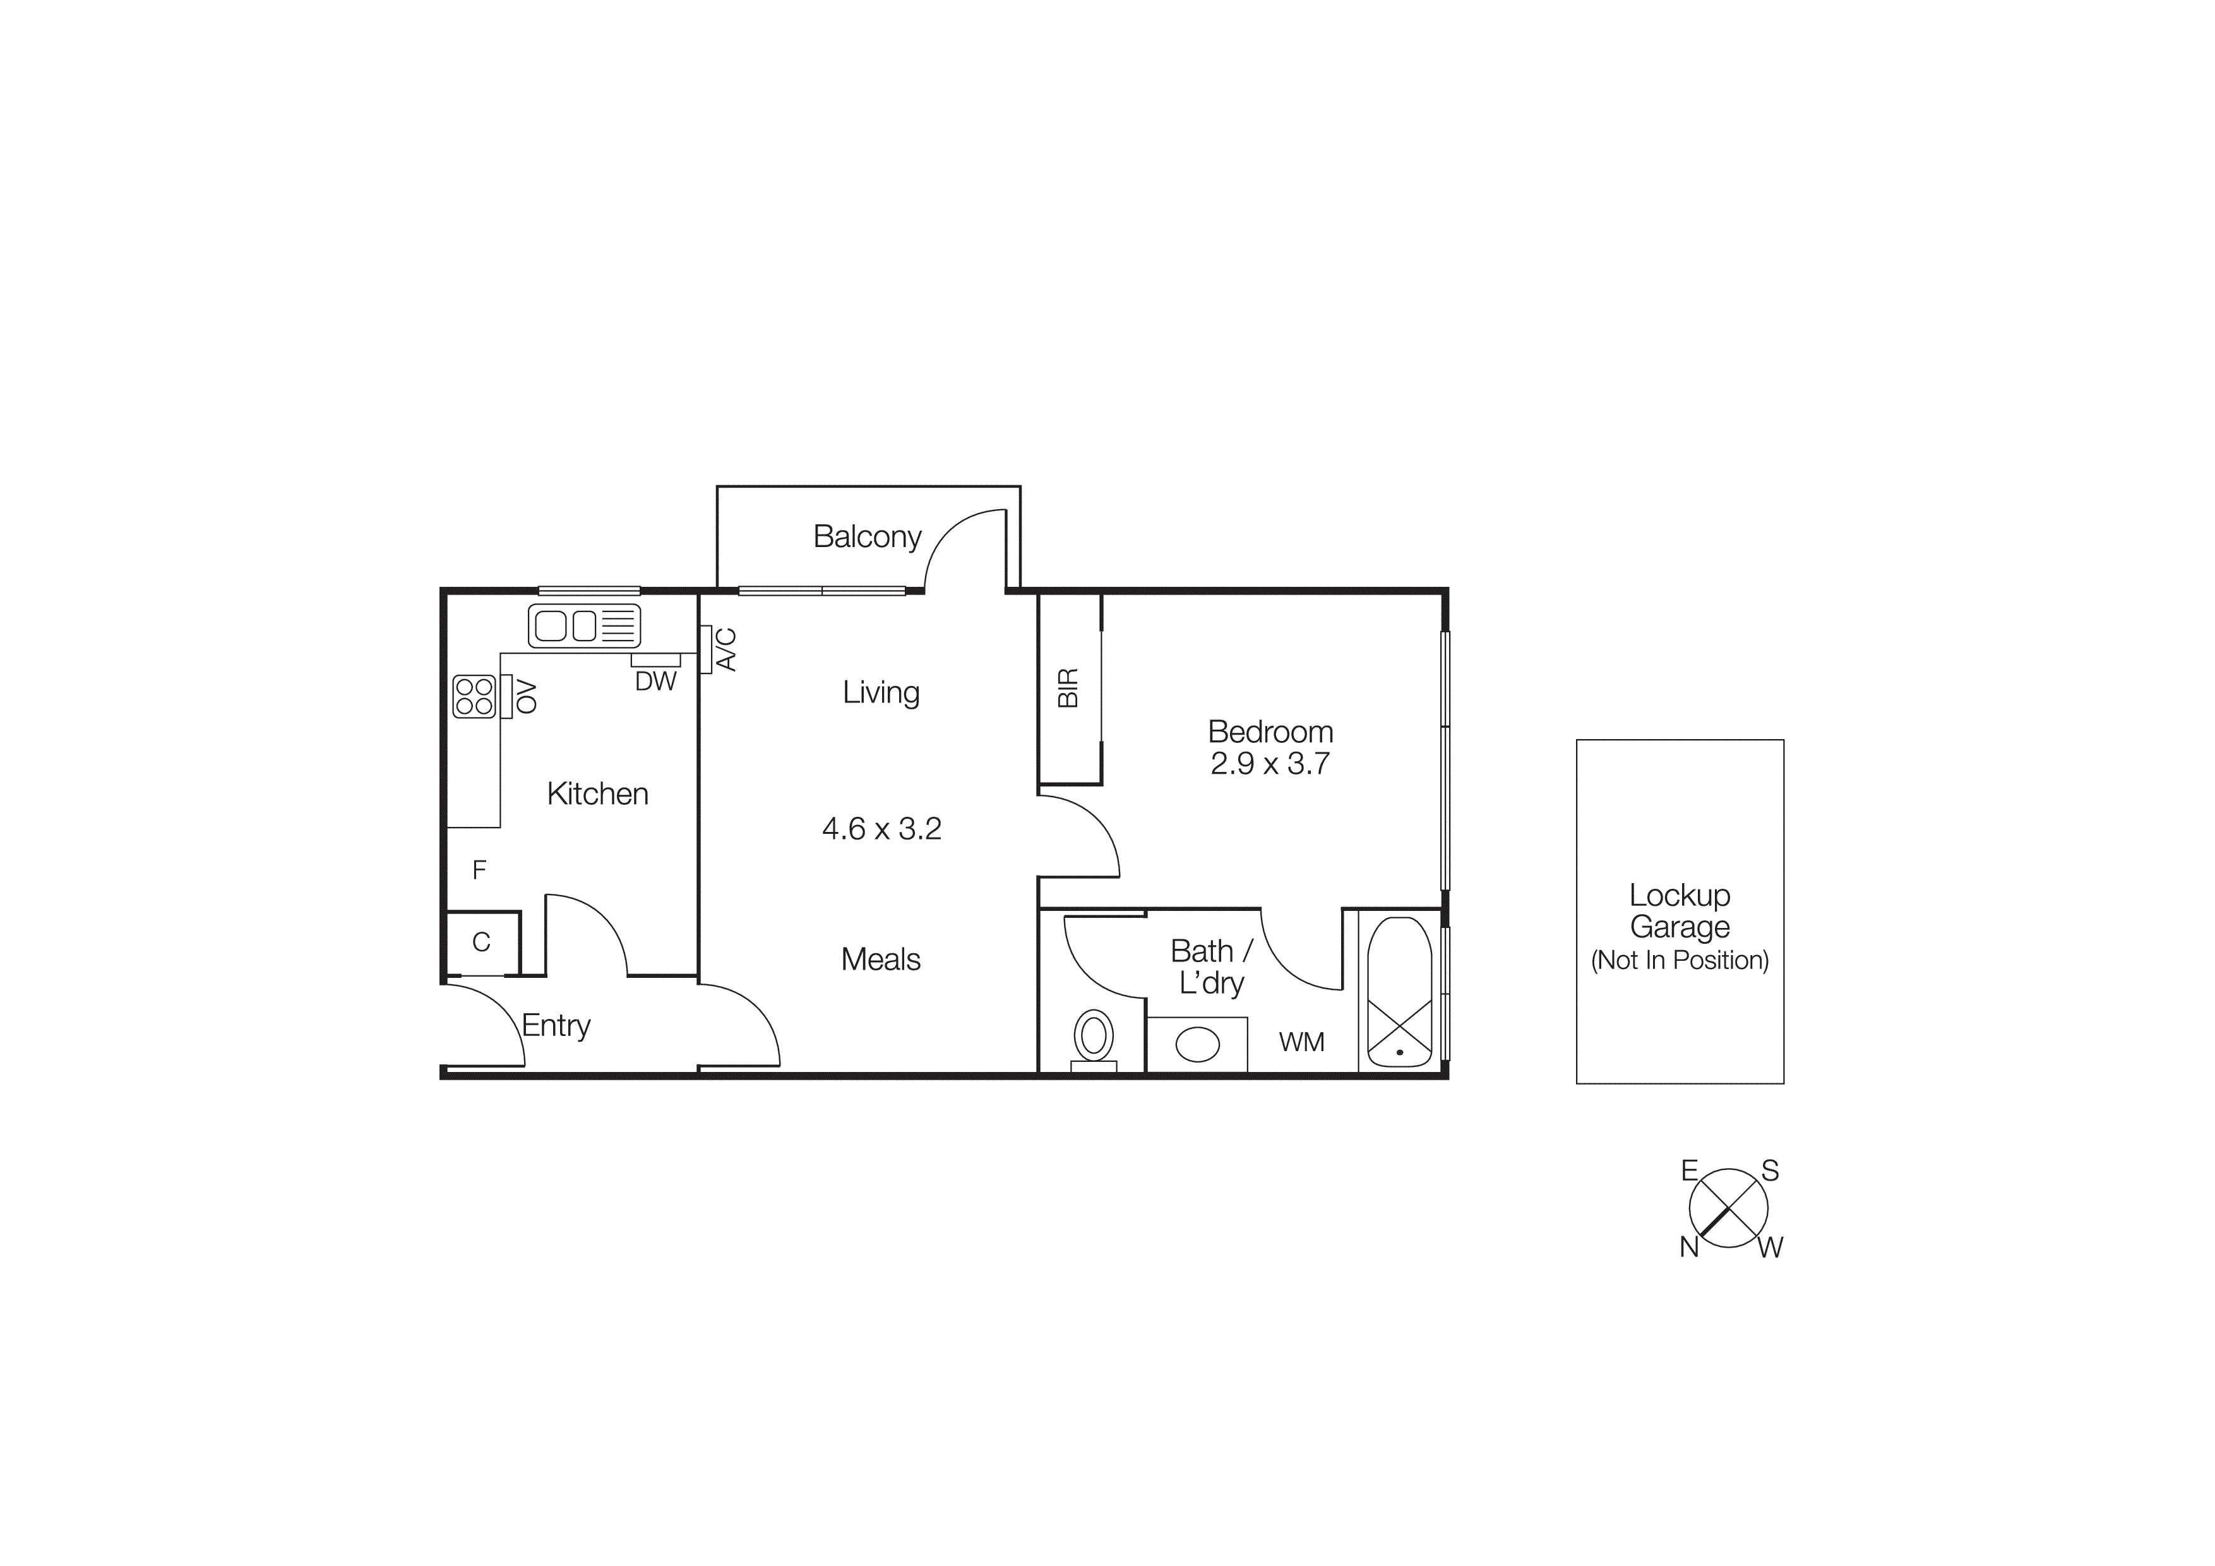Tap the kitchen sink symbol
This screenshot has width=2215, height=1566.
click(583, 625)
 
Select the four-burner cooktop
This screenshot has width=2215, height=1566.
click(474, 696)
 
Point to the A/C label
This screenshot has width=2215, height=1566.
click(726, 649)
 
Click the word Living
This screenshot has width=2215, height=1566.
click(881, 693)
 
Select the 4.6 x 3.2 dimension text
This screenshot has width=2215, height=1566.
click(881, 829)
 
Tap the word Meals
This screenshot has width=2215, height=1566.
click(881, 959)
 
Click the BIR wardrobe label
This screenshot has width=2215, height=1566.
click(1068, 688)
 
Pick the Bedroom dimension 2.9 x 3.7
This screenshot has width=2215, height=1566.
click(1270, 763)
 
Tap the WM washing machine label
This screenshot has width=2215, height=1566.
click(1301, 1042)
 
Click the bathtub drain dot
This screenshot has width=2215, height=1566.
click(1399, 1052)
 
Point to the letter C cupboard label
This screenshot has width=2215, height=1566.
click(481, 942)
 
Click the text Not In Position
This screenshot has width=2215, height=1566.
click(1680, 960)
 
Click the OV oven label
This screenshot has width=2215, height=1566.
click(526, 696)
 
